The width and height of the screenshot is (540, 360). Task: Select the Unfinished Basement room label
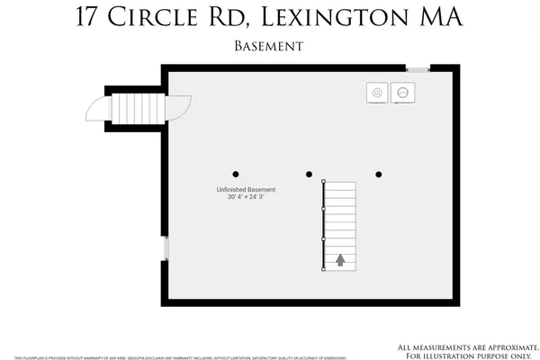click(x=246, y=190)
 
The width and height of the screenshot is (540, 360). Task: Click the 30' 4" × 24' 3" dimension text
click(x=246, y=198)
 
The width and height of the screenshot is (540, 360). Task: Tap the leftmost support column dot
click(x=236, y=175)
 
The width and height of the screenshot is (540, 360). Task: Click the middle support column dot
click(x=309, y=175)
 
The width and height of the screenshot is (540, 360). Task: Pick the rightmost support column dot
click(x=379, y=175)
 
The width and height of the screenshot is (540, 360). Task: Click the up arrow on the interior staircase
click(x=340, y=260)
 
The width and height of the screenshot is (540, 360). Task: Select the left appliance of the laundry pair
click(x=378, y=92)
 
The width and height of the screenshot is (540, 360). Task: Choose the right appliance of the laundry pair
click(x=402, y=92)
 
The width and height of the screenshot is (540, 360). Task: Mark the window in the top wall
click(x=418, y=69)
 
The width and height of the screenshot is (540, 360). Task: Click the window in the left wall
click(x=165, y=248)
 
